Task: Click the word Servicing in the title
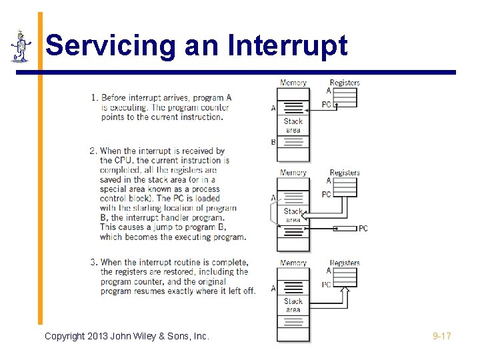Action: coord(92,46)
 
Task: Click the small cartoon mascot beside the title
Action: coord(21,46)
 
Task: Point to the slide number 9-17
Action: coord(441,336)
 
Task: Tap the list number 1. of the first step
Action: coord(93,98)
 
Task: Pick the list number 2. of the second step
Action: coord(93,151)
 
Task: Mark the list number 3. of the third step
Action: coord(93,263)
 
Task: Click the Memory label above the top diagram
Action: coord(293,83)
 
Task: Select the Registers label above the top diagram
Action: coord(345,83)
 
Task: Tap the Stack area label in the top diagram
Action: coord(293,126)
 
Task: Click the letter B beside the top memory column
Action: coord(273,142)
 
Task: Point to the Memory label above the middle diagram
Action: coord(293,173)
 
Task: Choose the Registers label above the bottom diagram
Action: coord(345,263)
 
